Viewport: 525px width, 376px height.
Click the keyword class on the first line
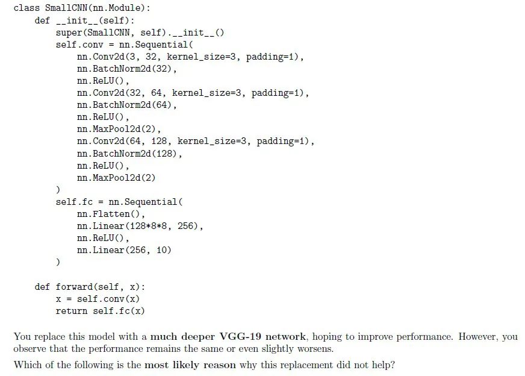(x=26, y=8)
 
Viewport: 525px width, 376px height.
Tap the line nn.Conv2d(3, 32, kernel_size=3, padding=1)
(x=190, y=57)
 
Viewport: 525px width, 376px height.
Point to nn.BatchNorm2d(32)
(x=126, y=69)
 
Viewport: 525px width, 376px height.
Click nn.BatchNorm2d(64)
(x=126, y=105)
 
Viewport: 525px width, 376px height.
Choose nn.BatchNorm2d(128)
(x=129, y=154)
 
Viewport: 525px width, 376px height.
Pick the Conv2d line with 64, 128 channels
(x=196, y=142)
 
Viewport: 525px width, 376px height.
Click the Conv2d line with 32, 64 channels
(x=193, y=93)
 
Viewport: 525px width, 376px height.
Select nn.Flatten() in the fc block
(x=111, y=214)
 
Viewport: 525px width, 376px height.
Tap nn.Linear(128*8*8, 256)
(x=140, y=226)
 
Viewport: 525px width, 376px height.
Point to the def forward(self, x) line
(x=90, y=287)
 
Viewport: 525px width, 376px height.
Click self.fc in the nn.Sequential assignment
(x=74, y=202)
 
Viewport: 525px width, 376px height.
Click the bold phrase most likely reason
(x=190, y=365)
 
